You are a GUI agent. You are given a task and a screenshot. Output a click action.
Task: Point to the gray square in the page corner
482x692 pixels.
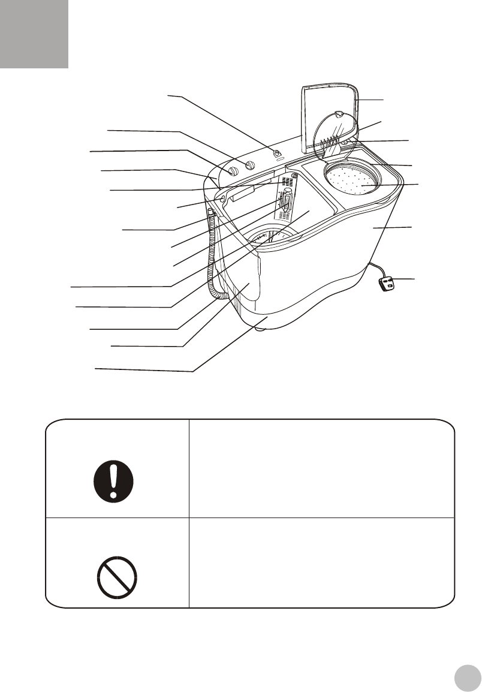(34, 34)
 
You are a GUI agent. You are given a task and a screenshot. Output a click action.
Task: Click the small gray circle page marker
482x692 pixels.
(468, 678)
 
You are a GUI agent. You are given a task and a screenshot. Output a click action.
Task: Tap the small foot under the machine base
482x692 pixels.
(258, 326)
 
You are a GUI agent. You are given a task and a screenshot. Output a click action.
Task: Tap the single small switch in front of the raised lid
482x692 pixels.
(278, 154)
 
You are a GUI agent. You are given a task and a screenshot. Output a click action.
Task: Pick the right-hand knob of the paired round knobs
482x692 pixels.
(251, 165)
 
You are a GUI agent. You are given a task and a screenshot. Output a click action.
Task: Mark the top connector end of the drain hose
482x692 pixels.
(210, 212)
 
